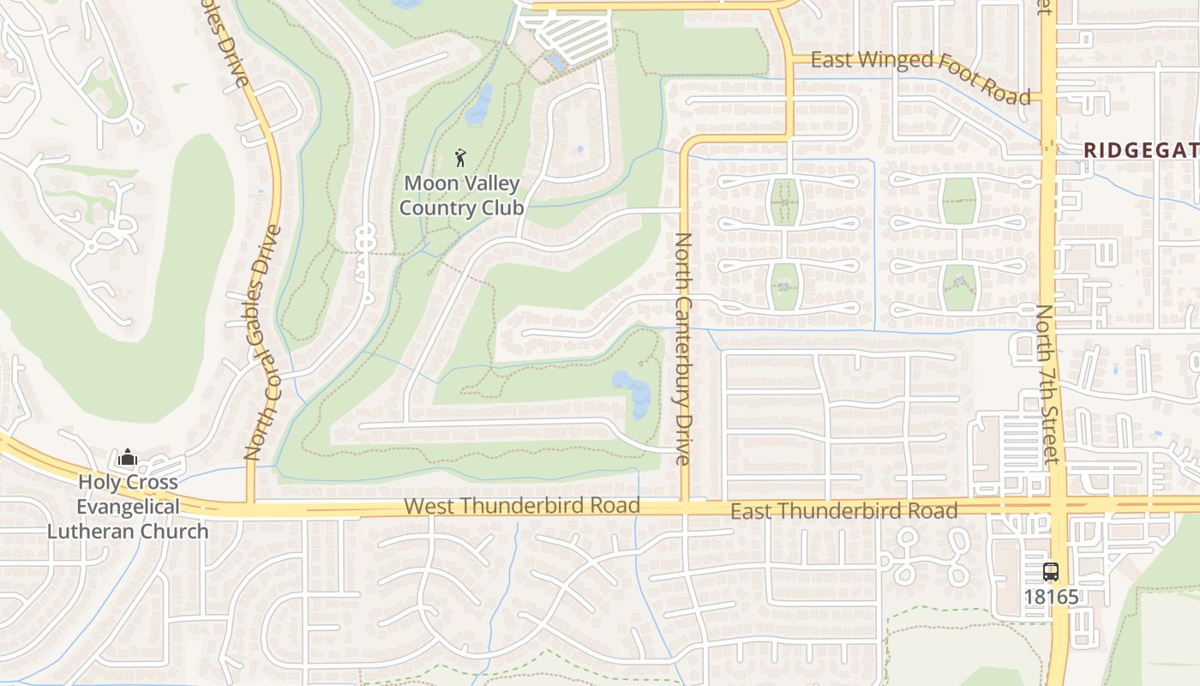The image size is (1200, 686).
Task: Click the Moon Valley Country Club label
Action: tap(462, 196)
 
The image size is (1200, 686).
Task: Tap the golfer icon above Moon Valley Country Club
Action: tap(461, 158)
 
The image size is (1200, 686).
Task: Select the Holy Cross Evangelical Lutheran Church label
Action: tap(128, 507)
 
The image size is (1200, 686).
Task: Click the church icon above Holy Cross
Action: tap(128, 457)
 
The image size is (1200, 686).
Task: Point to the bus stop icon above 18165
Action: tap(1051, 572)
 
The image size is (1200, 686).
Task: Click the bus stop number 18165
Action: tap(1051, 597)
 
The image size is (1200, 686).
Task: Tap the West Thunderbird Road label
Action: tap(522, 506)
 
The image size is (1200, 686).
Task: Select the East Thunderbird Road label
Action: tap(843, 511)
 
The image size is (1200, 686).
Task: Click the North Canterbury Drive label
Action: tap(683, 348)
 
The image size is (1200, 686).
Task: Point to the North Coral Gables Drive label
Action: tap(262, 343)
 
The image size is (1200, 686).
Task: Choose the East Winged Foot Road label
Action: tap(920, 75)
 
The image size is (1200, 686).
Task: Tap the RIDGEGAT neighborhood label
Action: tap(1140, 150)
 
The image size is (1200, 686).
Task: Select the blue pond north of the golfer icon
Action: tap(479, 104)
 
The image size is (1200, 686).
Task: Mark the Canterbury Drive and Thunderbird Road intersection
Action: tap(685, 508)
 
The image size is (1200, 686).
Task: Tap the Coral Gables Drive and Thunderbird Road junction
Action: tap(251, 507)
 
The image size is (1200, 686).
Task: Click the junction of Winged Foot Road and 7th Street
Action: tap(1047, 96)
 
